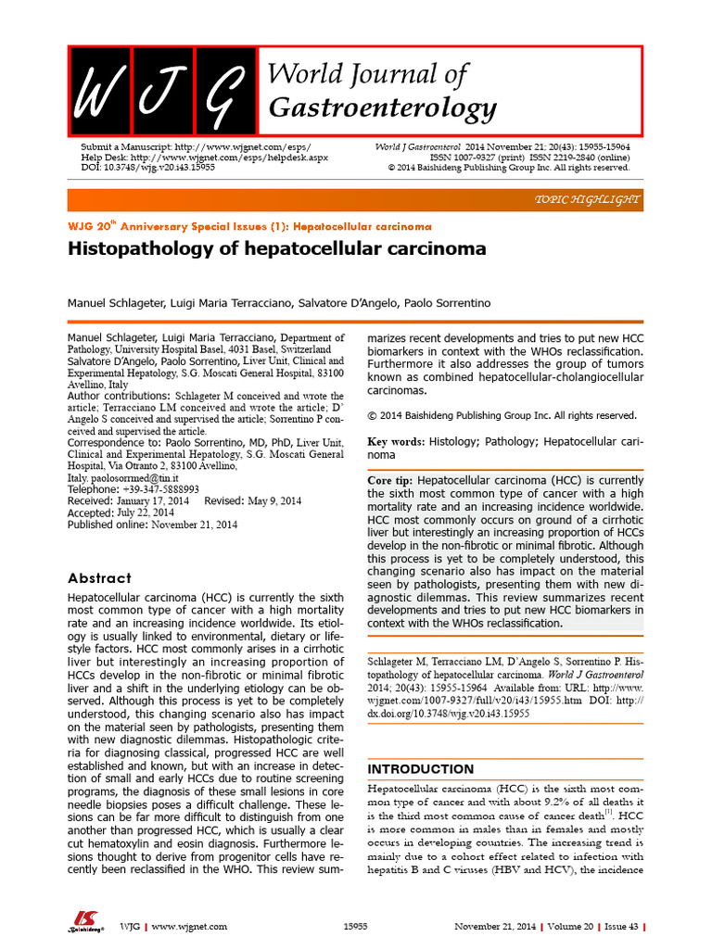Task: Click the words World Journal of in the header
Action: [367, 75]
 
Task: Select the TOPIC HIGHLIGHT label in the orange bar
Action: [588, 201]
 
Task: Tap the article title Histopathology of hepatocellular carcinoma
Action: [277, 249]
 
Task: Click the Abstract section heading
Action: [99, 577]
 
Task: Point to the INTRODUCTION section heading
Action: [421, 769]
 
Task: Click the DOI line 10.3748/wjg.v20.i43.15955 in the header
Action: [148, 168]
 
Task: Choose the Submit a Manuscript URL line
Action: [197, 147]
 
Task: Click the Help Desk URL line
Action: [204, 158]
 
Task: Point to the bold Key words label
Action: [395, 441]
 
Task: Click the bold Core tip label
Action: [391, 481]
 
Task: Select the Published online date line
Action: [153, 525]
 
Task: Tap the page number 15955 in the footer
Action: [356, 926]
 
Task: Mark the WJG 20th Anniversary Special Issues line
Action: [250, 226]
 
